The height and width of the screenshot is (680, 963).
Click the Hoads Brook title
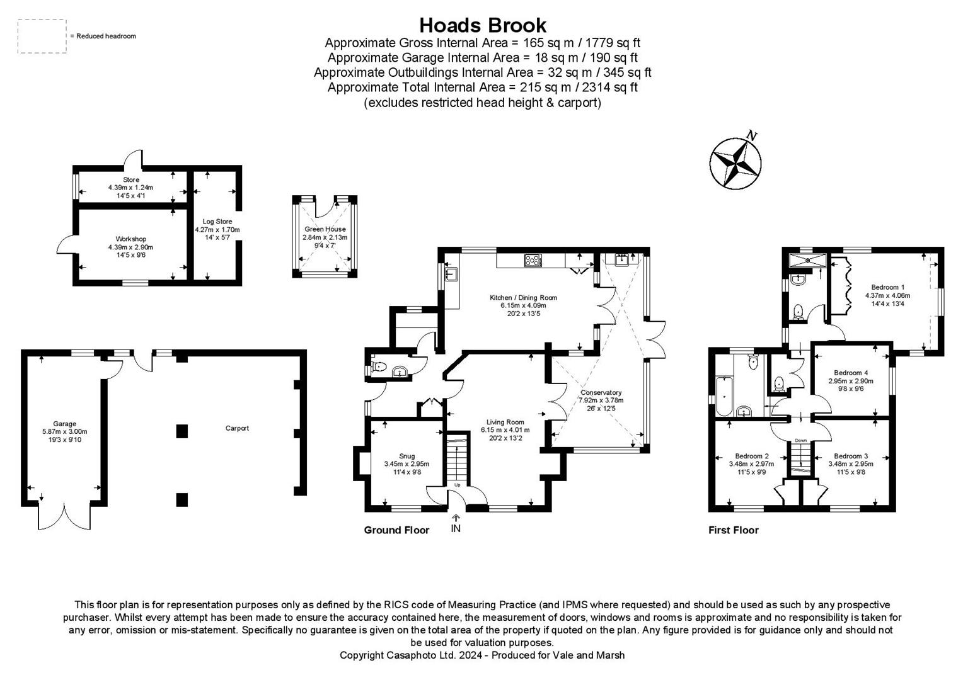[482, 25]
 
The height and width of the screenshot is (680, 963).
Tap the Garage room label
[64, 424]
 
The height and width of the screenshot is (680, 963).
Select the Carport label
[237, 428]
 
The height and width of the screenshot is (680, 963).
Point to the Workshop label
[130, 239]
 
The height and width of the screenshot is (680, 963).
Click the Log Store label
[217, 222]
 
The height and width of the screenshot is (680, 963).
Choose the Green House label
[325, 229]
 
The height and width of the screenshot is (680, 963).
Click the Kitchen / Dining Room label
[523, 298]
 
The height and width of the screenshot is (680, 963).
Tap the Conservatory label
[601, 392]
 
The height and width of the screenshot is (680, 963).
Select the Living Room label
[505, 422]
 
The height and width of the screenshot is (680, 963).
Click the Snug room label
[407, 456]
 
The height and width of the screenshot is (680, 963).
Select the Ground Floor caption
[396, 530]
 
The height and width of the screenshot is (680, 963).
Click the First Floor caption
[733, 530]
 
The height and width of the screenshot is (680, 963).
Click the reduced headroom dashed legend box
[42, 36]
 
